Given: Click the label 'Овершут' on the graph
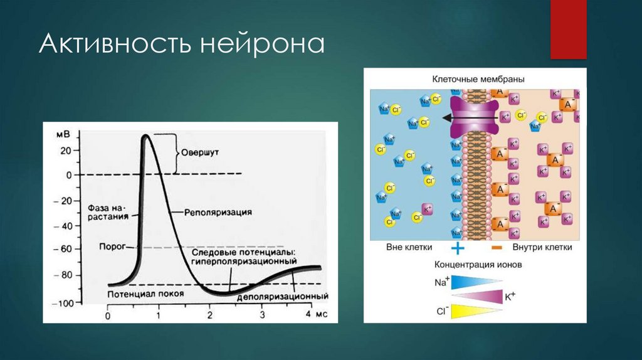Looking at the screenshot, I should click(x=199, y=151).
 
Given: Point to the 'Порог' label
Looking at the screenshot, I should click(x=113, y=246).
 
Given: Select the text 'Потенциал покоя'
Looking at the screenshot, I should click(x=145, y=294).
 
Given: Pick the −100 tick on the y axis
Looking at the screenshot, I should click(x=65, y=304).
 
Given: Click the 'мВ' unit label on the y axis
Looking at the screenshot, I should click(x=64, y=134).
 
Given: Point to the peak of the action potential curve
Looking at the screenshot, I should click(x=145, y=135).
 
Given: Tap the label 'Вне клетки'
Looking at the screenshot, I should click(x=406, y=247).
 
